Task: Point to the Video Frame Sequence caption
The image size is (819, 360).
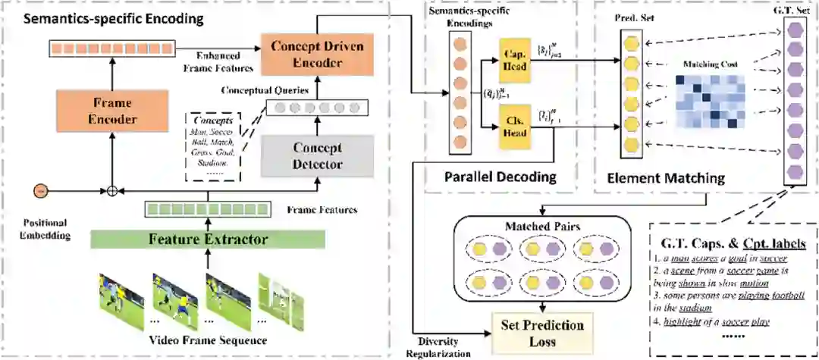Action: (207, 340)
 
